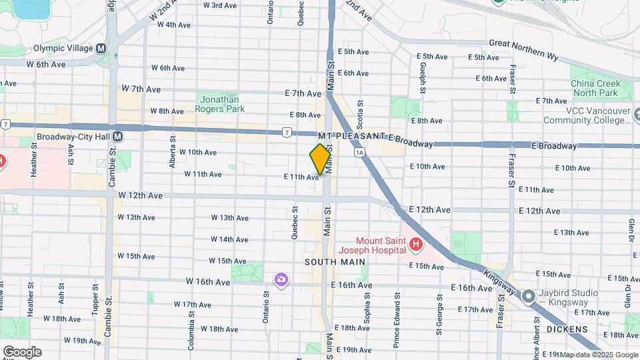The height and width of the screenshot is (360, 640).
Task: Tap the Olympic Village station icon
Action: (101, 49)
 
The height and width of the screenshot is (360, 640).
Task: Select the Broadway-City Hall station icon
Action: (117, 136)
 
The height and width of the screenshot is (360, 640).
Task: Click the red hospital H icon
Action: (416, 245)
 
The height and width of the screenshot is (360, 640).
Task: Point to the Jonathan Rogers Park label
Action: (220, 103)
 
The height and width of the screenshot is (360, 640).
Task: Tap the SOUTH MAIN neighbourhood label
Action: (335, 262)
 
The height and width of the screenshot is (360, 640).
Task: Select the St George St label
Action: (439, 311)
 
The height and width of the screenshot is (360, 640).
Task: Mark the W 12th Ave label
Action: (141, 195)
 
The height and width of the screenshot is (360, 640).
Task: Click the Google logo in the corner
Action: (22, 351)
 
